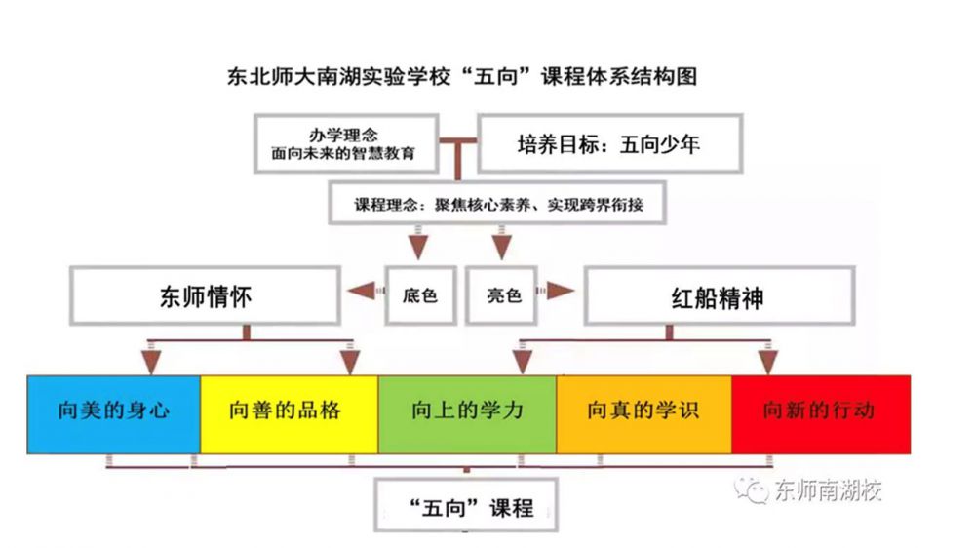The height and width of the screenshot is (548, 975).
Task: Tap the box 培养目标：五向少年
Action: (x=608, y=144)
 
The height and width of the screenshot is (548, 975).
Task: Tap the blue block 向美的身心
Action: (x=114, y=411)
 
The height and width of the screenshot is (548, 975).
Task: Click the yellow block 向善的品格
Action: (x=289, y=411)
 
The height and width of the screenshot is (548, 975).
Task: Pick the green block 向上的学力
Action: (x=467, y=411)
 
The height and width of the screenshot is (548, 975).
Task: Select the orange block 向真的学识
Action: (x=643, y=411)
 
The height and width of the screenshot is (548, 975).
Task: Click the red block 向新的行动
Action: (x=820, y=411)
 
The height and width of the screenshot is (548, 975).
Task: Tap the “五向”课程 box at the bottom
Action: (x=469, y=507)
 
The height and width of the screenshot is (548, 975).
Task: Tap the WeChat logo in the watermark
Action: (x=752, y=489)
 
